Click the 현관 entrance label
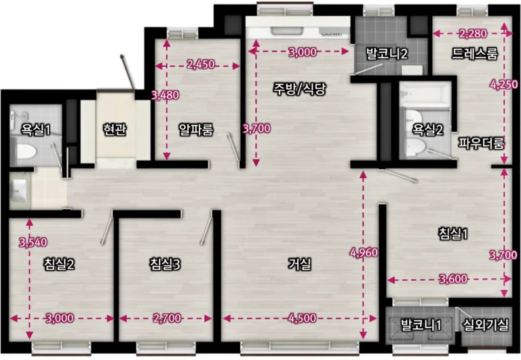(115, 129)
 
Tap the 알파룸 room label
(196, 129)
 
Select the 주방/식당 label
(299, 88)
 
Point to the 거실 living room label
(299, 264)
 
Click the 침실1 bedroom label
(453, 234)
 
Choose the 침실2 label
(59, 264)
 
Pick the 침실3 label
(165, 264)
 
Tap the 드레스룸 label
(475, 53)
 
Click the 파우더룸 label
(482, 143)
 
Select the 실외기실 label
(486, 325)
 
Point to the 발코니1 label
(421, 325)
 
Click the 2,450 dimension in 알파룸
(201, 64)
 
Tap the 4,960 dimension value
(364, 253)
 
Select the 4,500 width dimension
(303, 318)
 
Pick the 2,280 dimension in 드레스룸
(473, 33)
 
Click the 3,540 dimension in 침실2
(33, 243)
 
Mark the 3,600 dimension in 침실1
(453, 279)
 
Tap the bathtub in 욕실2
(425, 95)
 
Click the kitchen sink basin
(286, 31)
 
